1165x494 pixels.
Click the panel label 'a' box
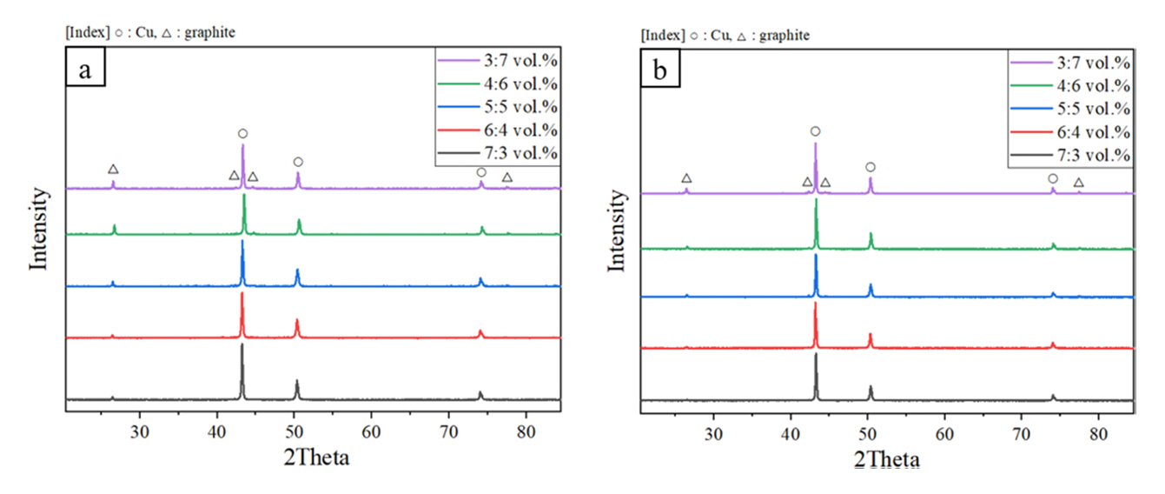click(x=85, y=70)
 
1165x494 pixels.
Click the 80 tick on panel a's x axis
click(x=526, y=429)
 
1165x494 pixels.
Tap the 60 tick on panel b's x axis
click(x=944, y=430)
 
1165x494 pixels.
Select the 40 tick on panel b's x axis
click(x=791, y=430)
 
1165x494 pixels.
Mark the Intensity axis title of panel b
click(x=618, y=230)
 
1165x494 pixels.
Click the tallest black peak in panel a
click(x=242, y=347)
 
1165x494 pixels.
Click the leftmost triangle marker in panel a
click(x=113, y=169)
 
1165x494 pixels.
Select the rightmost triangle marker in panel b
click(x=1079, y=183)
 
